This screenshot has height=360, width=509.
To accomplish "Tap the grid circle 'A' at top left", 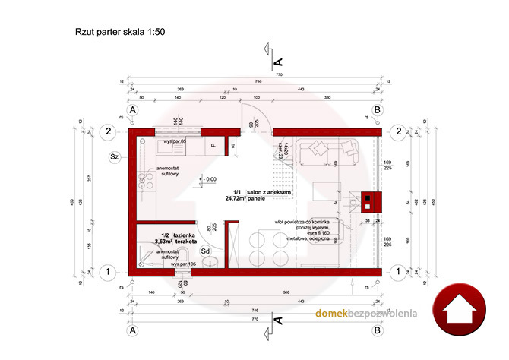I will [133, 110].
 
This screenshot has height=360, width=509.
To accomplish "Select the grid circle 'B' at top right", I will [378, 110].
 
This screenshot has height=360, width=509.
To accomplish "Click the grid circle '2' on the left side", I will [109, 131].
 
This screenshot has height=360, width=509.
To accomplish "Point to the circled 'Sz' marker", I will [115, 157].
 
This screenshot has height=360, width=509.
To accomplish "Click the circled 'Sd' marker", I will [205, 251].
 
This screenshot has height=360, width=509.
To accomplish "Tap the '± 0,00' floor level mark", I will [207, 179].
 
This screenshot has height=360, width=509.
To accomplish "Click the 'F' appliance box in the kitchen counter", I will [214, 144].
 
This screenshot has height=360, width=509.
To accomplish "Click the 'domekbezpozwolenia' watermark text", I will [367, 314].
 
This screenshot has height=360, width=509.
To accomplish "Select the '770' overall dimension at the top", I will [256, 74].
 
